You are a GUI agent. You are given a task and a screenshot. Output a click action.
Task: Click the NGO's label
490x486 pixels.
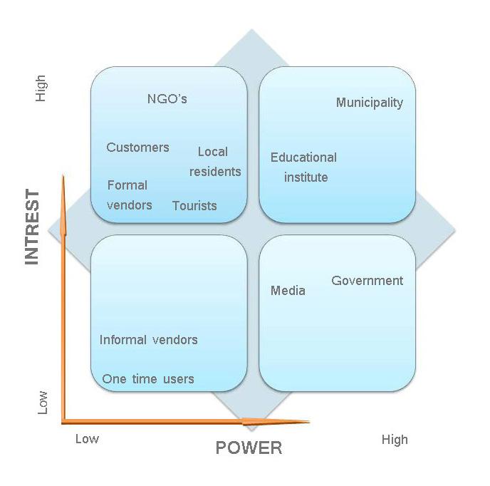click(x=167, y=99)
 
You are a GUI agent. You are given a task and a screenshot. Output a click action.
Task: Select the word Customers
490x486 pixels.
click(x=137, y=148)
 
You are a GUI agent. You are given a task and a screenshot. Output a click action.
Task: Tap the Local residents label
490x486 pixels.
click(x=214, y=162)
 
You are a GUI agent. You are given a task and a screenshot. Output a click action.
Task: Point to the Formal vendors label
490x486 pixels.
click(x=129, y=195)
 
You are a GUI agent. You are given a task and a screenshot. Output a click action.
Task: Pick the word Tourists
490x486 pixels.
click(x=194, y=206)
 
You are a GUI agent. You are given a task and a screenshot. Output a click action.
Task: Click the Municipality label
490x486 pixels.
click(x=369, y=103)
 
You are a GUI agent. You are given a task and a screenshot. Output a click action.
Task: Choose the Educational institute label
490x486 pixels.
click(x=304, y=167)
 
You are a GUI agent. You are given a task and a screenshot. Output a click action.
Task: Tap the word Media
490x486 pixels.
click(x=288, y=291)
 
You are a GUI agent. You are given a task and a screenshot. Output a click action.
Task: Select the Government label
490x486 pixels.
click(x=367, y=281)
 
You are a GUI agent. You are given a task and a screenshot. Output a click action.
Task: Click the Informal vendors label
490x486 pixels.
click(x=148, y=340)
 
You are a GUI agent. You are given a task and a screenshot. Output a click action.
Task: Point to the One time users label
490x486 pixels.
click(x=147, y=379)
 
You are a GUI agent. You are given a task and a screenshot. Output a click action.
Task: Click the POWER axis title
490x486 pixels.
click(x=249, y=448)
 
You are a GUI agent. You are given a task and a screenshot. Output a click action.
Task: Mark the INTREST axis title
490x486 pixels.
click(x=32, y=227)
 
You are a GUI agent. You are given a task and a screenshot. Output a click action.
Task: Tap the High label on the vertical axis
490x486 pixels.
click(x=41, y=88)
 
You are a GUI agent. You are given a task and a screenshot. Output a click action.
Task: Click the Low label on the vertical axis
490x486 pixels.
click(x=43, y=402)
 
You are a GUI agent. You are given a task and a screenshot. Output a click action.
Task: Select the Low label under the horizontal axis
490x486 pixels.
click(x=87, y=439)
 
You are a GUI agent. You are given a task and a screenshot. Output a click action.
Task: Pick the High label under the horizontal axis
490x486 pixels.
click(x=395, y=440)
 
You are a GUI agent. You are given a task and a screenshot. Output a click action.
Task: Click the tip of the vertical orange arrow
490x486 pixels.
click(x=64, y=177)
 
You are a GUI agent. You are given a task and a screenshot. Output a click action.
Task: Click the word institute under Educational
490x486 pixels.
click(x=306, y=177)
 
